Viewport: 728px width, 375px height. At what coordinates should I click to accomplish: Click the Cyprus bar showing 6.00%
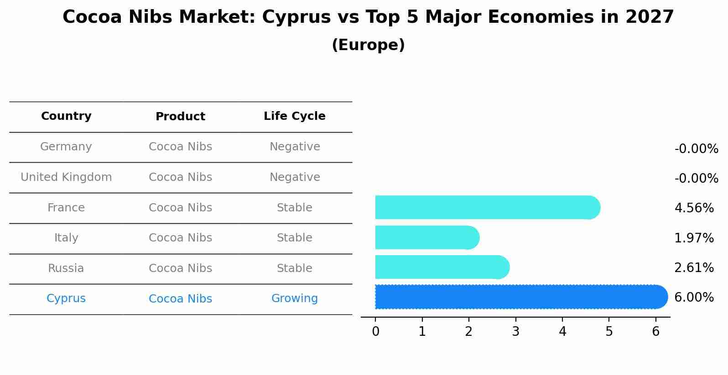tap(520, 297)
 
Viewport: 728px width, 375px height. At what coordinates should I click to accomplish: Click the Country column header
tap(66, 116)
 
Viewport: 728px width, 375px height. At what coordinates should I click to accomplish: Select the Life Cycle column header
tap(295, 116)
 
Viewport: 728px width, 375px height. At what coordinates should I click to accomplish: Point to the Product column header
tap(180, 117)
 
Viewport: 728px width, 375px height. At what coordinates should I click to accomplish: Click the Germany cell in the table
tap(66, 147)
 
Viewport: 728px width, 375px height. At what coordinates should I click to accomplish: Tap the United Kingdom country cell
tap(66, 177)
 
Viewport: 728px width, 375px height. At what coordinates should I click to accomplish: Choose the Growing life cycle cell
tap(295, 298)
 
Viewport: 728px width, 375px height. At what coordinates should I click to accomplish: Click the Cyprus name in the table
tap(66, 298)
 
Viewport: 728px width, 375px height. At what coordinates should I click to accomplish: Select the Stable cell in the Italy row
tap(295, 238)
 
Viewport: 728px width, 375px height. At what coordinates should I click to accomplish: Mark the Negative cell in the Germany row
tap(295, 147)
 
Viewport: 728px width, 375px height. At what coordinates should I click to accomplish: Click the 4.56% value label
tap(694, 208)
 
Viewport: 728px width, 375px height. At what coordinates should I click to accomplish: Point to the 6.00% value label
tap(694, 298)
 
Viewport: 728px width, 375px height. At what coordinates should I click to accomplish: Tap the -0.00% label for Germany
tap(696, 149)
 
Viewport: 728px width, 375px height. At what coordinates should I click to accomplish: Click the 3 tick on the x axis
tap(515, 332)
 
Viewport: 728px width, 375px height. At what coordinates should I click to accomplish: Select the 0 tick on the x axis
tap(375, 332)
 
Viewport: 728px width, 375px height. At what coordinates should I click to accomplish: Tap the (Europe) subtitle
tap(368, 45)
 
